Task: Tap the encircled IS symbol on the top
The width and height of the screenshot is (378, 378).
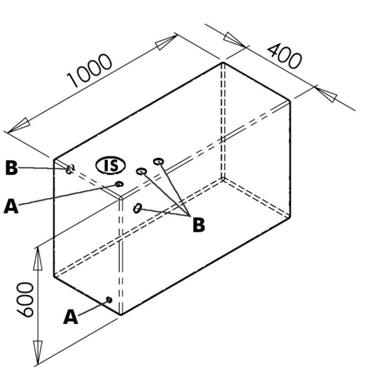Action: click(x=111, y=166)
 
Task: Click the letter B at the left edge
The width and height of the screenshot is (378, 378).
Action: click(x=10, y=168)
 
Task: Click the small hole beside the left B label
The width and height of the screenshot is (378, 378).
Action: click(x=70, y=169)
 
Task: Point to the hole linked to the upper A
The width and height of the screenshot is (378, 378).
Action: click(x=119, y=184)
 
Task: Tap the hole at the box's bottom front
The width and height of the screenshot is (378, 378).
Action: click(x=109, y=299)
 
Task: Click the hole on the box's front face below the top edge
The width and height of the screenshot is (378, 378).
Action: click(x=138, y=208)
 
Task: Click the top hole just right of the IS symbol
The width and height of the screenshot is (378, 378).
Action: click(x=141, y=171)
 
